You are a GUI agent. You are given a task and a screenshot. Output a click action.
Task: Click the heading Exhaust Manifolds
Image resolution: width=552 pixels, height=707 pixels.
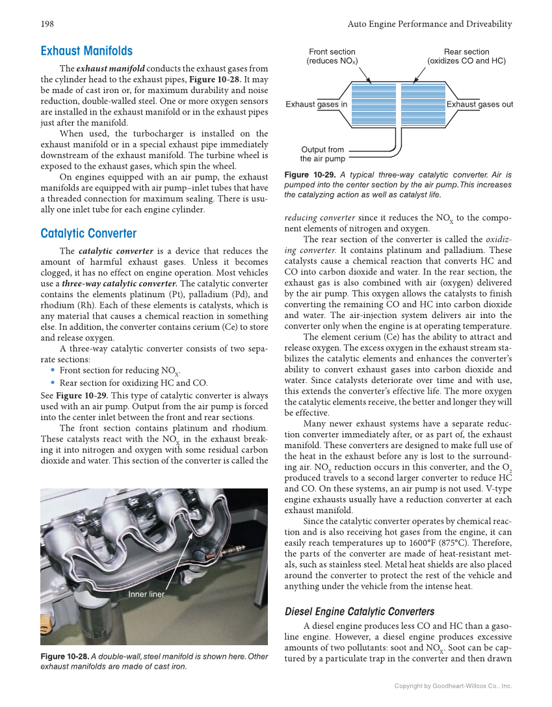[x=86, y=51]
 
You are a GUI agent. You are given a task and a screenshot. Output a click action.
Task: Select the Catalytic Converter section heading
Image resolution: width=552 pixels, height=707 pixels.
[x=88, y=233]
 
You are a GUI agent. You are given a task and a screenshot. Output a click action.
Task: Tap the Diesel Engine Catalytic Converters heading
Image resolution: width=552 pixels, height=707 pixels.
[x=360, y=611]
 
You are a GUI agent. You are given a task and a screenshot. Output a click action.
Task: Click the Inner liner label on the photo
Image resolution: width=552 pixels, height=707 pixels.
[x=146, y=594]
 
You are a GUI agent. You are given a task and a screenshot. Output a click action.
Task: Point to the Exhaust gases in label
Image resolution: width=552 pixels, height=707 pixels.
[x=317, y=104]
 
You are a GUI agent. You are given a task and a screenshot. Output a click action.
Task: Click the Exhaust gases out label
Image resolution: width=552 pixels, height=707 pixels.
[x=480, y=104]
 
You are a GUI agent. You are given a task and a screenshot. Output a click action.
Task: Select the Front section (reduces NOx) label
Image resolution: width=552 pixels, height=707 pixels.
[x=332, y=57]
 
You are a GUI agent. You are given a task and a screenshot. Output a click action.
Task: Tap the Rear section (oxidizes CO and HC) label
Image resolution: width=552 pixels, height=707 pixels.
[x=466, y=57]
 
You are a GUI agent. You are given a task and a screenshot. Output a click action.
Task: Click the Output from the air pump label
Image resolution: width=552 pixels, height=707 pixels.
[x=322, y=154]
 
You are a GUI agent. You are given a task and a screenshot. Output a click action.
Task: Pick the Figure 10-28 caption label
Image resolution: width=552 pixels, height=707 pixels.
[x=64, y=657]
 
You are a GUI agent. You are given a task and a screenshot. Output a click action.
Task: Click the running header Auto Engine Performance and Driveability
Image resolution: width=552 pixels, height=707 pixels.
[x=430, y=24]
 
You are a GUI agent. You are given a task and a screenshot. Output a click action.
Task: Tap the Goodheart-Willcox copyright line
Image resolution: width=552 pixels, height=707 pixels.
[x=453, y=686]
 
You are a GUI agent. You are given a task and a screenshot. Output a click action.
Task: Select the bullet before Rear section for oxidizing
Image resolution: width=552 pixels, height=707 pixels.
[x=52, y=383]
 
